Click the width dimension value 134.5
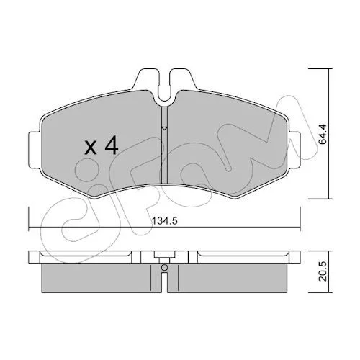(165, 221)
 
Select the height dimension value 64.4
(323, 134)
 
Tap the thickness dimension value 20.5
(323, 271)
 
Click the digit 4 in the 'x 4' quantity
(111, 145)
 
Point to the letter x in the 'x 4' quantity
(91, 148)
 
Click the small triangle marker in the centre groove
(164, 128)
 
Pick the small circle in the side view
(164, 267)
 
